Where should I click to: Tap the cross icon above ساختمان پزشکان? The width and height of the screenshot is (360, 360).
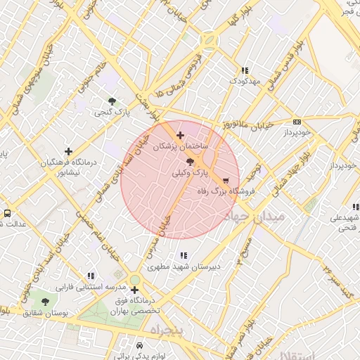[x=181, y=135]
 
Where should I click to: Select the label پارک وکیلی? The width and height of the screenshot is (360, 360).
[x=191, y=172]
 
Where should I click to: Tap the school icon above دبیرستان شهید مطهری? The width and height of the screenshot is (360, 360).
[x=183, y=255]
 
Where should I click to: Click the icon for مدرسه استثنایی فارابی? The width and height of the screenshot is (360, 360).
[x=90, y=276]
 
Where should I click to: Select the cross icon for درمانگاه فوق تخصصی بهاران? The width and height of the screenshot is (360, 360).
[x=134, y=290]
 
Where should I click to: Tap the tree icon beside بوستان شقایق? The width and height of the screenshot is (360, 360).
[x=46, y=302]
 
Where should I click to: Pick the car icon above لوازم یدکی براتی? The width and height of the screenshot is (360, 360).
[x=139, y=346]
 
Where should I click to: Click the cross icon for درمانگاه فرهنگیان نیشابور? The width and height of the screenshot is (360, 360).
[x=68, y=151]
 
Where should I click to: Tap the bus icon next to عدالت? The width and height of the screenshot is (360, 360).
[x=7, y=213]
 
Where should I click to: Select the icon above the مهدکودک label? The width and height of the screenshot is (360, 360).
[x=244, y=70]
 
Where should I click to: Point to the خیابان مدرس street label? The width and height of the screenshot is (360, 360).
[x=163, y=236]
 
